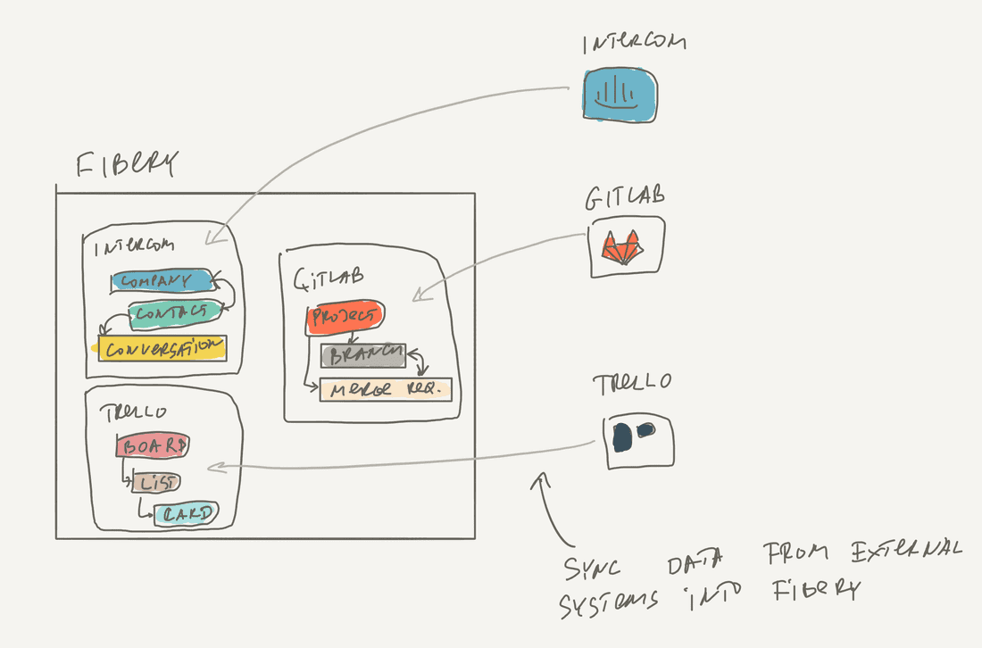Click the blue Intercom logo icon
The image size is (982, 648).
[621, 96]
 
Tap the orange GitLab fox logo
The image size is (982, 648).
[623, 247]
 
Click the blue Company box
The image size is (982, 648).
[162, 281]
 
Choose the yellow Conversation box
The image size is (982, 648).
[162, 348]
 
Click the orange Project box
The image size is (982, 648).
[345, 317]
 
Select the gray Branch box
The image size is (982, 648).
[363, 356]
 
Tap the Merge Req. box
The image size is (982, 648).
[386, 390]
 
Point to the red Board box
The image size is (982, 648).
[153, 445]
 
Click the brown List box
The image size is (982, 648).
[156, 483]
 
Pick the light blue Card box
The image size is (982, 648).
[186, 514]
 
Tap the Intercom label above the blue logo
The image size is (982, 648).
[635, 43]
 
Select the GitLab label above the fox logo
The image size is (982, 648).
[626, 197]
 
